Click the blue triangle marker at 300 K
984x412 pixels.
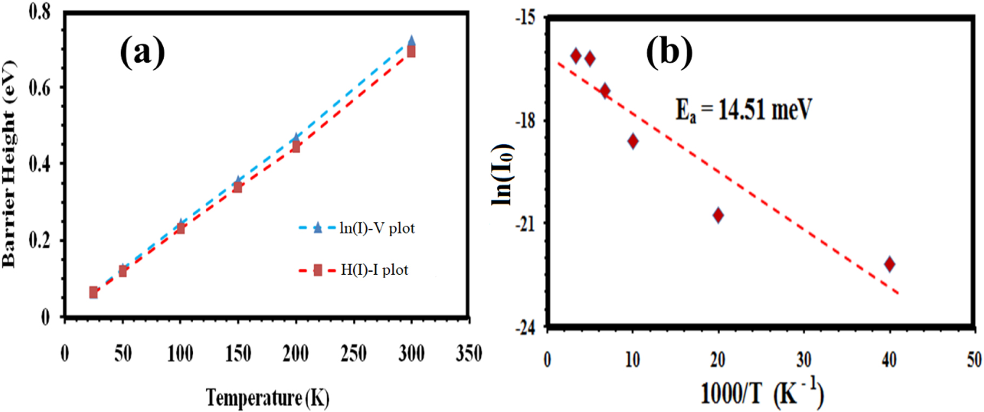pos(411,41)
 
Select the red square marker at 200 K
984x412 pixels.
pos(296,147)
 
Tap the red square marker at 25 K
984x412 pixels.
pos(94,293)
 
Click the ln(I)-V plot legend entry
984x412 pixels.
pos(357,228)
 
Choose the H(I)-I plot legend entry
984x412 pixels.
pos(354,270)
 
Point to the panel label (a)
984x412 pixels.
pos(142,52)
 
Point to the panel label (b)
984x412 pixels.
pos(669,52)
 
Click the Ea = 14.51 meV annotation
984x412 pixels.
pos(743,110)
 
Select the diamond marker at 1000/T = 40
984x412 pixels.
pos(889,264)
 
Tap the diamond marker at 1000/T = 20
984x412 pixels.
pos(718,215)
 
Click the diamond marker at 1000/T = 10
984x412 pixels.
pos(633,141)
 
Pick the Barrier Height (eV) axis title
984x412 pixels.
pos(10,163)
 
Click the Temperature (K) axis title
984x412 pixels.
pos(267,398)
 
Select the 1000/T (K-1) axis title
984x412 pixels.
pos(762,394)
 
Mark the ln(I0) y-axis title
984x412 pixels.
pos(502,174)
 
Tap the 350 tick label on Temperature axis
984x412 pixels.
pos(469,354)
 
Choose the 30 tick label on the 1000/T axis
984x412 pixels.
pos(803,360)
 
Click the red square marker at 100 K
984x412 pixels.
pos(181,228)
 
